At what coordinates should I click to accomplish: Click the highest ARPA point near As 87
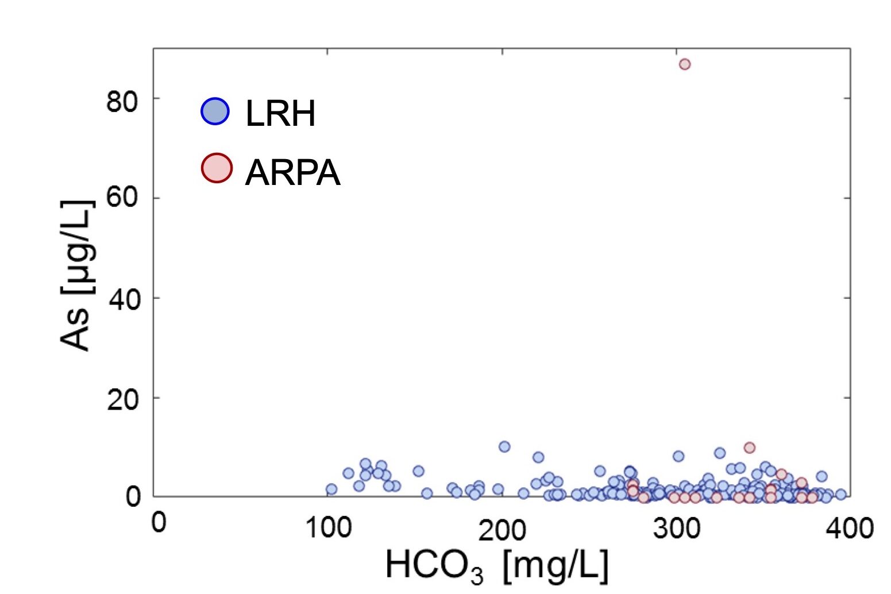tap(684, 64)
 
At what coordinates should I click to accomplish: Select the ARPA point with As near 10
tap(749, 448)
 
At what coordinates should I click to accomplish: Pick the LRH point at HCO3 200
tap(504, 446)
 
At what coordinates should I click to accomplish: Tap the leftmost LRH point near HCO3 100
tap(331, 489)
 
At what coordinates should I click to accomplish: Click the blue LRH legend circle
tap(215, 111)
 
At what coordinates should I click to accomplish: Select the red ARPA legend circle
tap(216, 168)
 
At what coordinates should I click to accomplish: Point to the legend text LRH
tap(280, 114)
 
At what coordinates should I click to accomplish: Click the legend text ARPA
tap(292, 172)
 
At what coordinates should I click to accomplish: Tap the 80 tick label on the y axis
tap(122, 102)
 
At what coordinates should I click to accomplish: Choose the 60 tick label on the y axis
tap(122, 198)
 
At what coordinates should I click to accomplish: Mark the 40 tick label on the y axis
tap(122, 299)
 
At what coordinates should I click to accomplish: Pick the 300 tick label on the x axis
tap(677, 527)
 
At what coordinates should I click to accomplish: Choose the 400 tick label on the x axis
tap(850, 527)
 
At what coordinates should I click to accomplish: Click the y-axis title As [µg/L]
tap(76, 276)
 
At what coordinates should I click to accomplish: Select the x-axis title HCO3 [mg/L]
tap(496, 566)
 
